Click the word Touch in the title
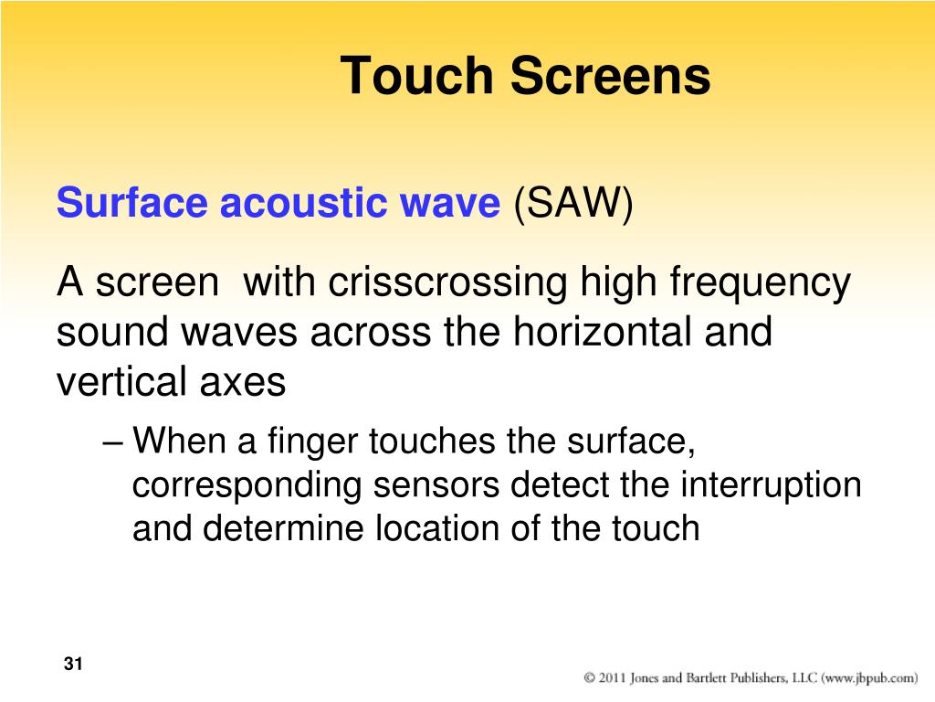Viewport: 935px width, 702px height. coord(416,75)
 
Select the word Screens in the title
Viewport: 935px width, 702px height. coord(610,75)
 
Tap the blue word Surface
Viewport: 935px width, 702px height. coord(131,202)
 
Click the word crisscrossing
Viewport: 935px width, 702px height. coord(446,283)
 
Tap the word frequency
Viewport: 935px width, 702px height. coord(760,283)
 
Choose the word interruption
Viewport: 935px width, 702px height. coord(771,486)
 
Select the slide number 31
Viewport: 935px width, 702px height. coord(73,664)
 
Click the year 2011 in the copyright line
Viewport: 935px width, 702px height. coord(613,678)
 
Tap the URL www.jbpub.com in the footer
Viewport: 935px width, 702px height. coord(870,679)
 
